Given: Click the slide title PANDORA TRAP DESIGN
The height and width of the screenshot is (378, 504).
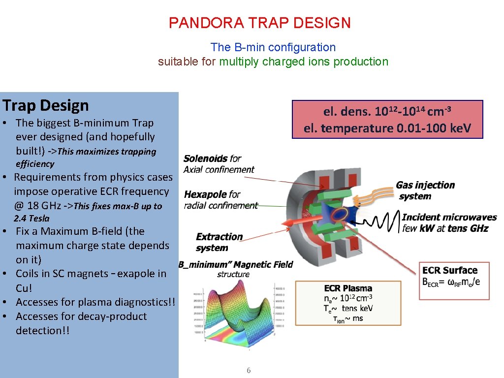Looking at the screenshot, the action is pos(259,23).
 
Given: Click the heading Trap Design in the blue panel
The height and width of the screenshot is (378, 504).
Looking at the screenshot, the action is pos(46,105).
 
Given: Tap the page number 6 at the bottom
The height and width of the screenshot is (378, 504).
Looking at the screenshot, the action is pos(249,370).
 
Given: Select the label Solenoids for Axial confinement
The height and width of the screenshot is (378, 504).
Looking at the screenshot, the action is pos(219,164).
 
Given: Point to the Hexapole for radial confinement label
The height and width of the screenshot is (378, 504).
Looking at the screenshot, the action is pos(220,200).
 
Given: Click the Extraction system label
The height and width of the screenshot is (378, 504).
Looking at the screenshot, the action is pos(219,242).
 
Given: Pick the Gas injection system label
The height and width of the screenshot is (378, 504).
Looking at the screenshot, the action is pos(425,190).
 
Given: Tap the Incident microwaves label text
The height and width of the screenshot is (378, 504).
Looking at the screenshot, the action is pos(449,222).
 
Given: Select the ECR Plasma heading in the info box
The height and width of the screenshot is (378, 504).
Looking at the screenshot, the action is pos(348,288).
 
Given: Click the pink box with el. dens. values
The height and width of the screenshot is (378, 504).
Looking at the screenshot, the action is pos(387,120).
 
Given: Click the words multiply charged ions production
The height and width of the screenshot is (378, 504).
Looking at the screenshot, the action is pos(304,62).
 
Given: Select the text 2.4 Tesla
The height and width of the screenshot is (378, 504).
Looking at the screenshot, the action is pos(31,218).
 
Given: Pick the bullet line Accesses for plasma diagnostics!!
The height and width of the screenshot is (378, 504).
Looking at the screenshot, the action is pos(95,302).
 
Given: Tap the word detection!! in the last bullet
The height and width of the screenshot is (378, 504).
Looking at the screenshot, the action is pos(43,330).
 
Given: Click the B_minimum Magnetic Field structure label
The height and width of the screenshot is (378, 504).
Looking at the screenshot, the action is pos(236,269).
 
